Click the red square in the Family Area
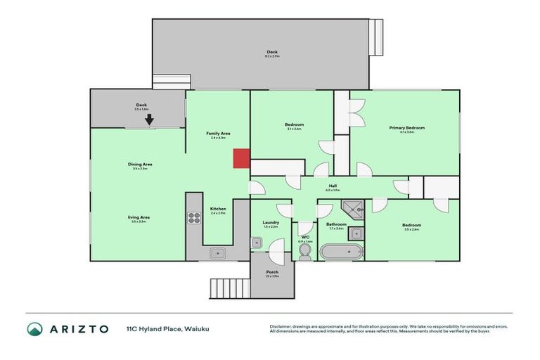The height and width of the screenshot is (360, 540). pyautogui.click(x=241, y=158)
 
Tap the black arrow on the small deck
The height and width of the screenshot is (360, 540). pyautogui.click(x=149, y=120)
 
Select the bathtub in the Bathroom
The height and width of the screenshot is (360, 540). pyautogui.click(x=341, y=252)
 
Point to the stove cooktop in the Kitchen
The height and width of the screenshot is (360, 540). pyautogui.click(x=194, y=217)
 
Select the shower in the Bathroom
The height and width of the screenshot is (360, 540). pyautogui.click(x=352, y=207)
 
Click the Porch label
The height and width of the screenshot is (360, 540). pyautogui.click(x=271, y=274)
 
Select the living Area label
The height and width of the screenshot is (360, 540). pyautogui.click(x=139, y=218)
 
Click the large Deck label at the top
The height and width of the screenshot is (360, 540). pyautogui.click(x=272, y=52)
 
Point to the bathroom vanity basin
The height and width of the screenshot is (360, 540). pyautogui.click(x=356, y=233)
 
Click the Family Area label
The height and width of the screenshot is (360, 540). pyautogui.click(x=218, y=134)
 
